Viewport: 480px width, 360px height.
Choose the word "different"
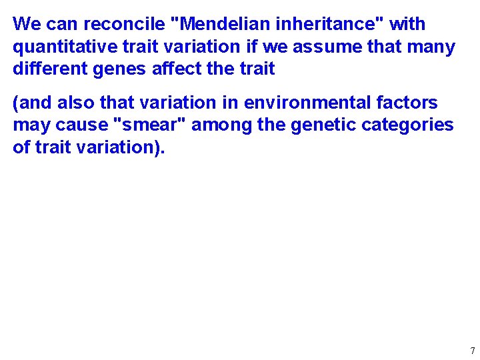(x=45, y=69)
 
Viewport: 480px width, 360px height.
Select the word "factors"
(x=407, y=103)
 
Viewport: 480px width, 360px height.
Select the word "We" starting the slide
(x=27, y=25)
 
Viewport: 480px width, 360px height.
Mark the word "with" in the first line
(x=407, y=25)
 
